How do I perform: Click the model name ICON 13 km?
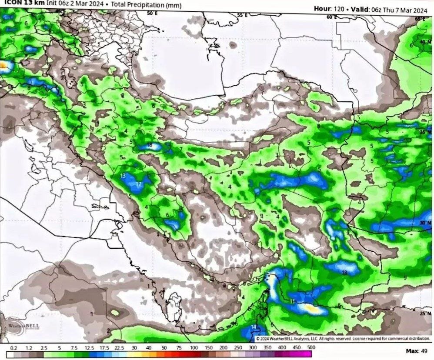click(22, 4)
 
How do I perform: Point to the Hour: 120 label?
click(329, 9)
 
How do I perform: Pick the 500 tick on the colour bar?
click(311, 348)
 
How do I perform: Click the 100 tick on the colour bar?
click(194, 348)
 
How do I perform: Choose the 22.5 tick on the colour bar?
click(119, 348)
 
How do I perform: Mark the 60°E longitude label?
click(331, 17)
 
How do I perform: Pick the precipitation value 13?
click(123, 176)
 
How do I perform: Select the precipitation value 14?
click(254, 327)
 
